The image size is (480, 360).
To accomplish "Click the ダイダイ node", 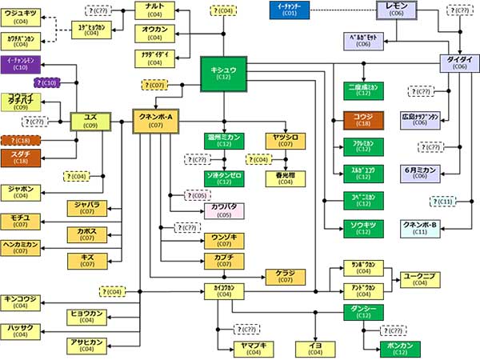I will (459, 63).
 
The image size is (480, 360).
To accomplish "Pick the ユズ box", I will (90, 121).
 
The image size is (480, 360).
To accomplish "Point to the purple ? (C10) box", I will (45, 82).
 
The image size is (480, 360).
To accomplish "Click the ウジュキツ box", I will (22, 17).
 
